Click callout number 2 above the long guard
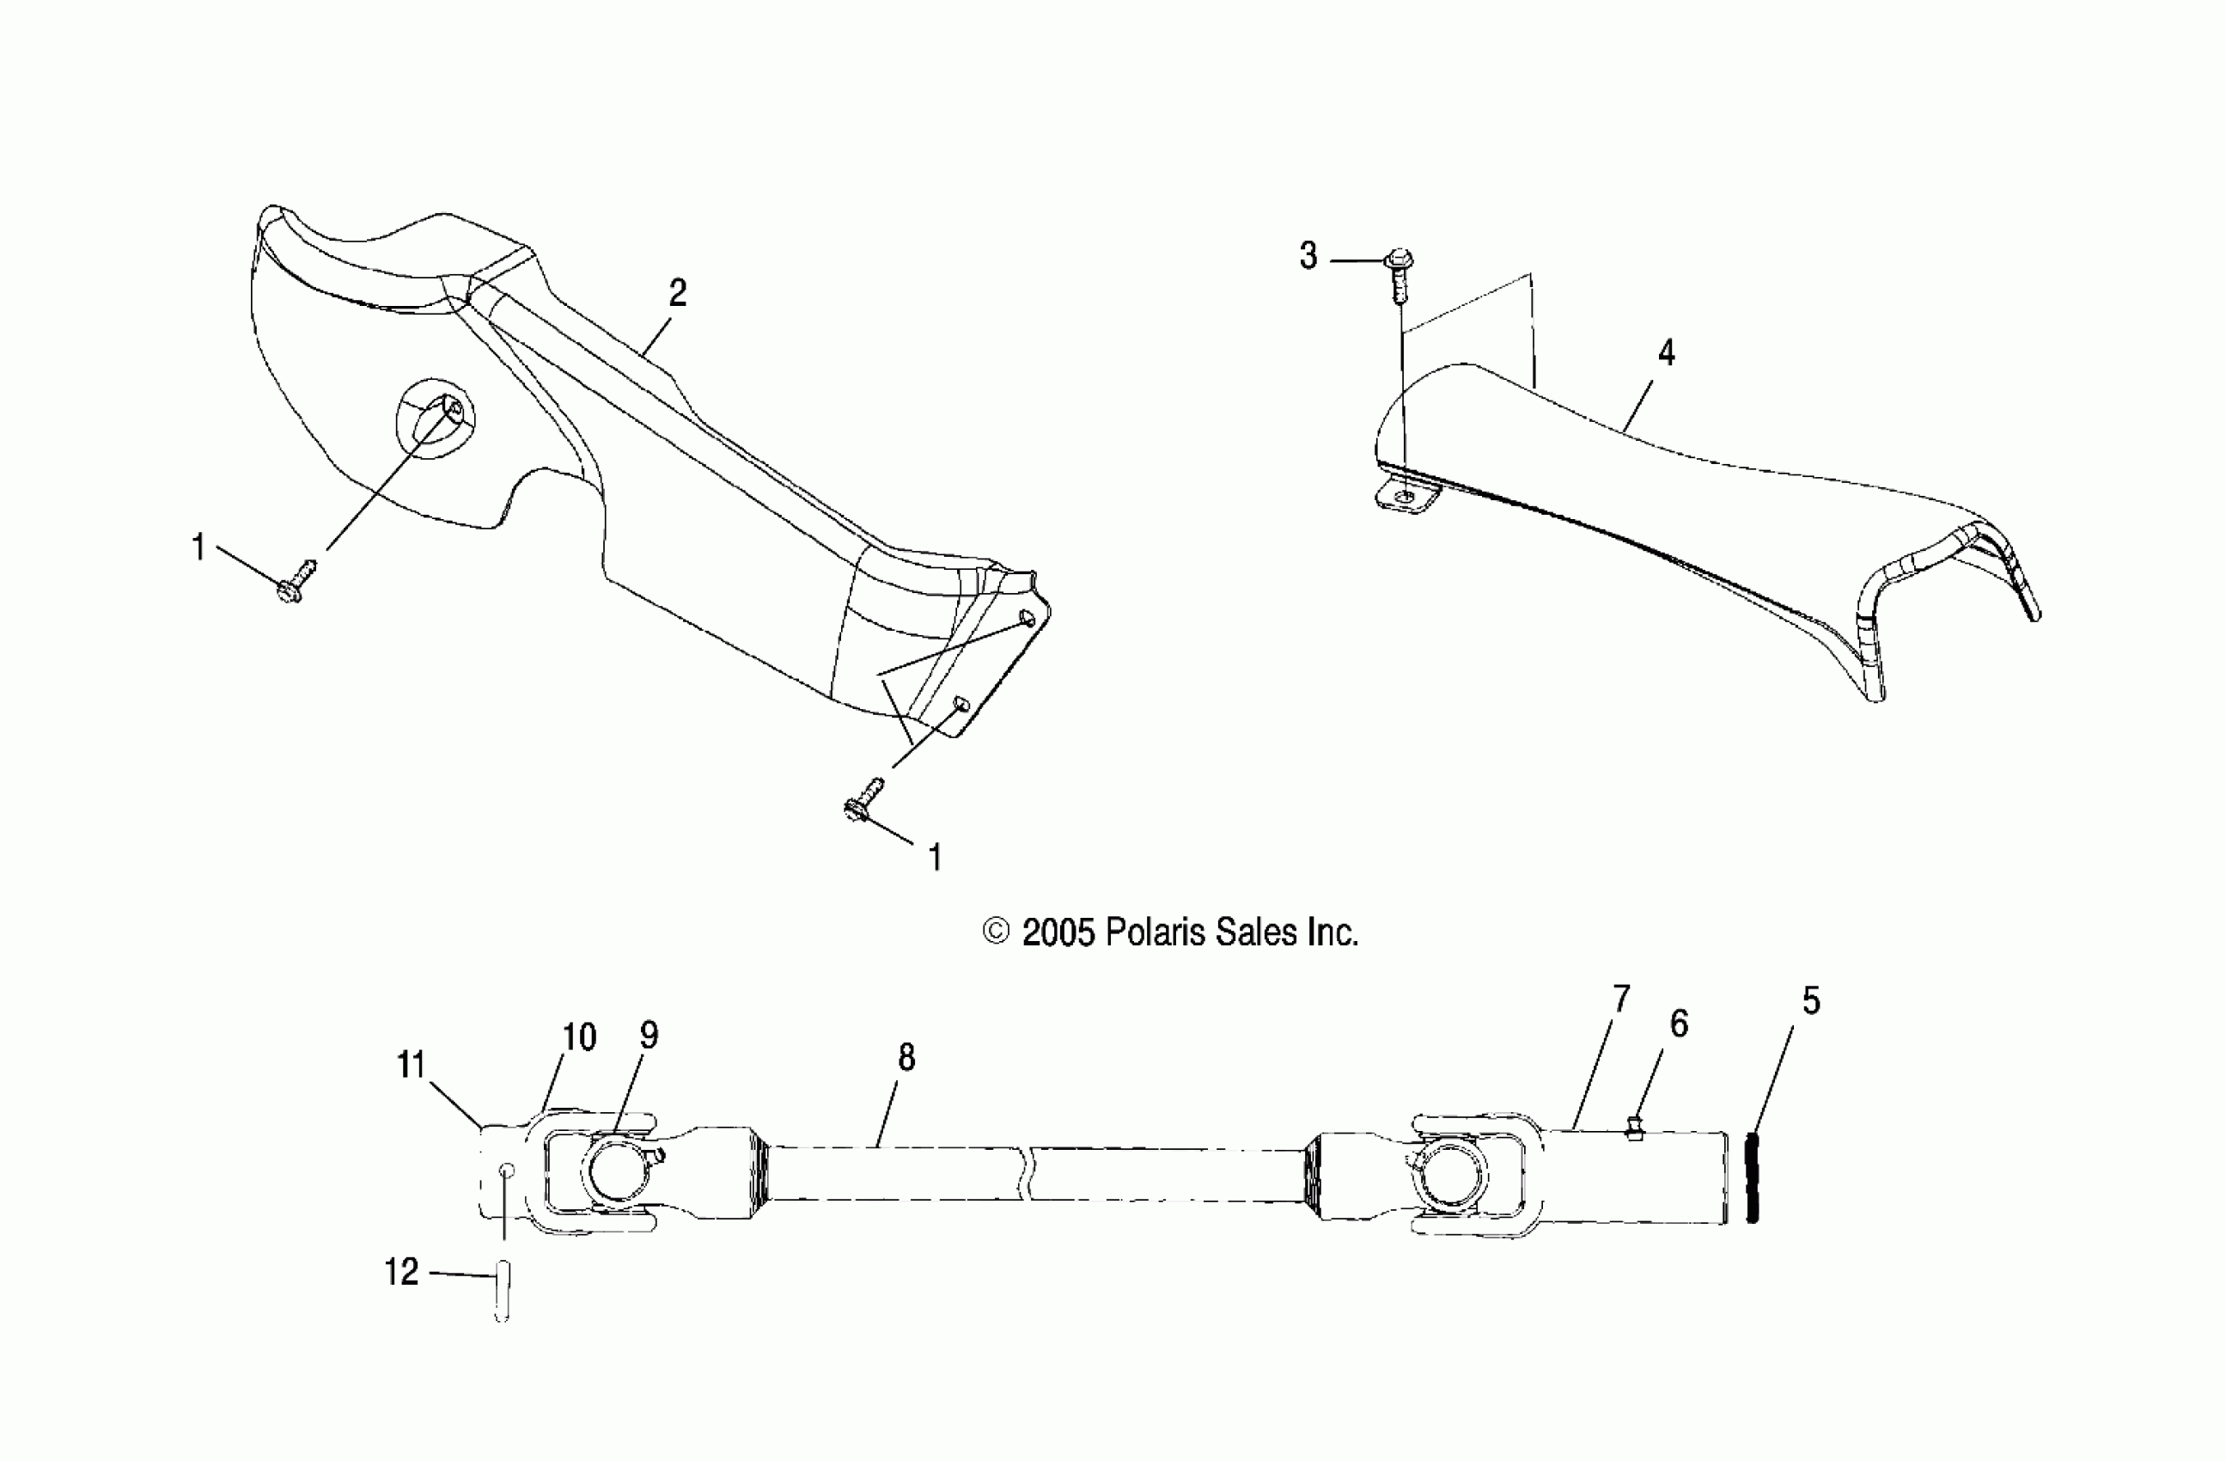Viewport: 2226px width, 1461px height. pos(678,294)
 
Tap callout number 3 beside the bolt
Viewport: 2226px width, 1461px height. pos(1308,256)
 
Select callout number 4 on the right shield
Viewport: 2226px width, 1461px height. pos(1666,353)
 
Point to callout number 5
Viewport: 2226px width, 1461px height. pos(1812,1003)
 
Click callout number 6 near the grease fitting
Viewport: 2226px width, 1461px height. pos(1679,1025)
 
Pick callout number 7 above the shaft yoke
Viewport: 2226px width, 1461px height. pos(1621,999)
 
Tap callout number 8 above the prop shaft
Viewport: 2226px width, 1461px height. pos(906,1058)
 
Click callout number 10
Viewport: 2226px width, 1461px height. pos(579,1037)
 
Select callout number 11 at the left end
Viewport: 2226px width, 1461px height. pos(412,1065)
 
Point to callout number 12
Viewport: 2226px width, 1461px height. pos(401,1272)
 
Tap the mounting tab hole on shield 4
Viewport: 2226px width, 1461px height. pos(1405,498)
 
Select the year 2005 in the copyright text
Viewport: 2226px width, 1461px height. pos(1058,932)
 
